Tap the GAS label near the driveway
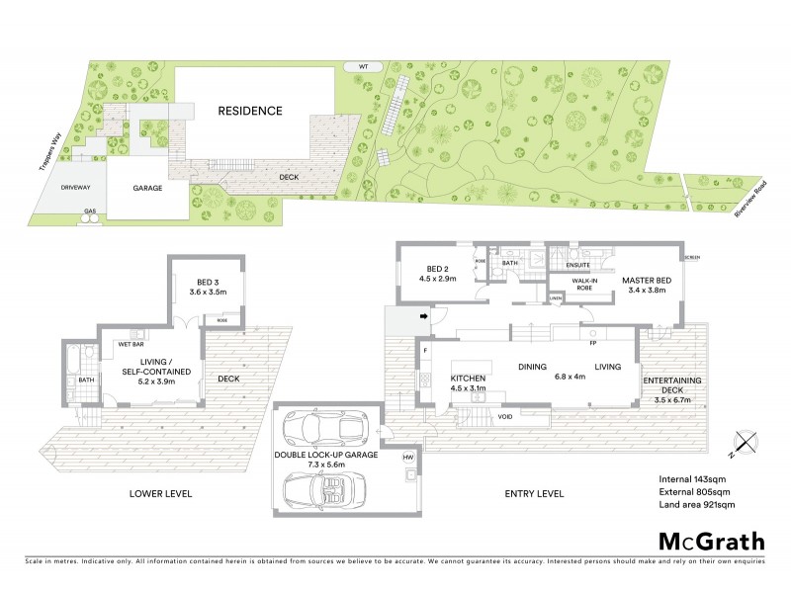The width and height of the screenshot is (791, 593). (91, 211)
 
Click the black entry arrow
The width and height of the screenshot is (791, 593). (424, 317)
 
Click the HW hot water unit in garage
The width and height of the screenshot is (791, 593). (407, 459)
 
